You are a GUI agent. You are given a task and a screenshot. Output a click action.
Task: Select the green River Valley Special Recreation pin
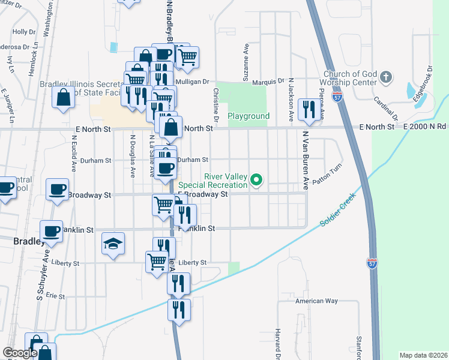pyautogui.click(x=257, y=179)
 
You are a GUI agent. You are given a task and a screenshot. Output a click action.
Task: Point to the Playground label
pyautogui.click(x=249, y=116)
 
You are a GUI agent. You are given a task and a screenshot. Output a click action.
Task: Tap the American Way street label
pyautogui.click(x=316, y=301)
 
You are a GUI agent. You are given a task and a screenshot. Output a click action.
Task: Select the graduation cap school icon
pyautogui.click(x=113, y=244)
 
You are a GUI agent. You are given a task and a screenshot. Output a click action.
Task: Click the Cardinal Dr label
pyautogui.click(x=385, y=107)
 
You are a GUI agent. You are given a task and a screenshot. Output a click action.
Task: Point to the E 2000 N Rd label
pyautogui.click(x=425, y=127)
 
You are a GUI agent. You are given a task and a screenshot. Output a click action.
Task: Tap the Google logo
pyautogui.click(x=20, y=353)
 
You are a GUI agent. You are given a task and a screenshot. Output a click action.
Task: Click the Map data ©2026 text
pyautogui.click(x=424, y=355)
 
